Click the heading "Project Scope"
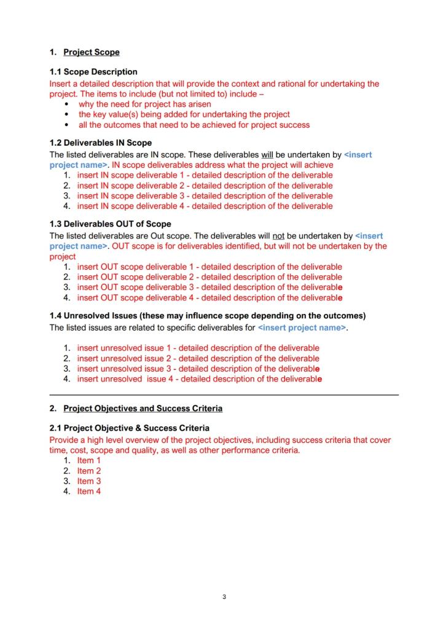point(92,52)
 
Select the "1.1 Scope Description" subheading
point(93,72)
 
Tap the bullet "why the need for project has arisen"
point(145,104)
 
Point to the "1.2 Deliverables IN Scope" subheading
point(100,143)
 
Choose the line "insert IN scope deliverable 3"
point(205,196)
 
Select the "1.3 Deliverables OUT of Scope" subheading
point(110,224)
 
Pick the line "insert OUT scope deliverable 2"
point(209,277)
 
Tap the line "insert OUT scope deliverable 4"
point(209,298)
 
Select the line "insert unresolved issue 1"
point(198,348)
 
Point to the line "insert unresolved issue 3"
point(198,369)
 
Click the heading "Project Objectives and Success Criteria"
point(143,408)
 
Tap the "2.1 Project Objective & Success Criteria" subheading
point(129,428)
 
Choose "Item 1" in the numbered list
point(88,461)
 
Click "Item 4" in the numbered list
point(88,491)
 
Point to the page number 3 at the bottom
point(224,596)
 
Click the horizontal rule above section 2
point(224,394)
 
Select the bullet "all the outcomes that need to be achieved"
point(194,125)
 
